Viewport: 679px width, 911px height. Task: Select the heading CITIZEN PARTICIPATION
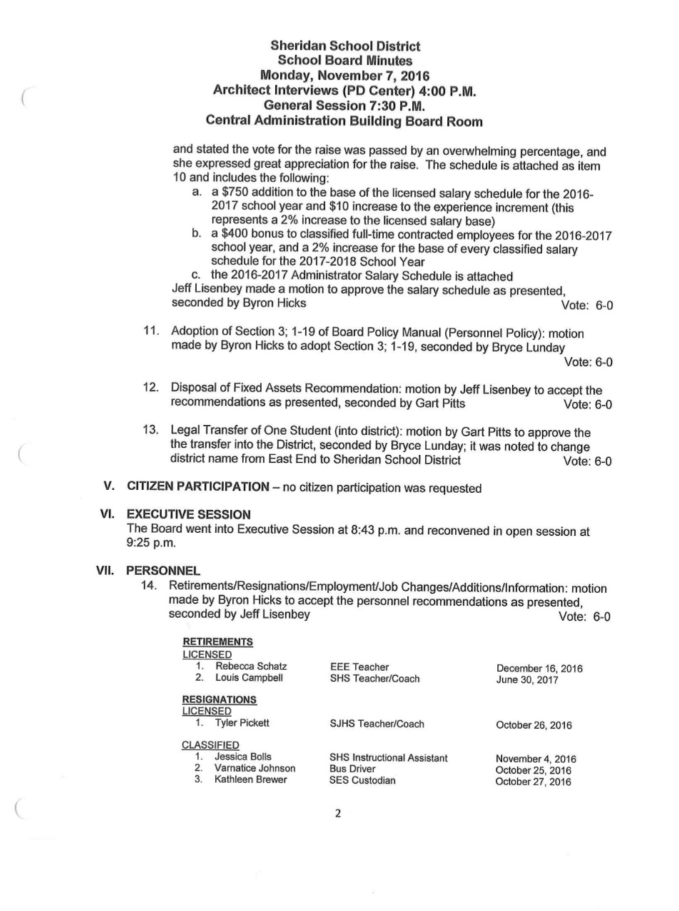pos(198,487)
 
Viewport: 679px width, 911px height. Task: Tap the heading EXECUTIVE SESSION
pos(188,514)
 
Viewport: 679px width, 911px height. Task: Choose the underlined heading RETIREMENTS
pos(217,642)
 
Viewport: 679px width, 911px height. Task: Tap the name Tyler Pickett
pos(242,723)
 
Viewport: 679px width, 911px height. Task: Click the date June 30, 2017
pos(527,680)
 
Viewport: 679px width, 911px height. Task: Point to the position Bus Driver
pos(352,769)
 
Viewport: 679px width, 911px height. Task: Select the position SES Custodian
pos(362,780)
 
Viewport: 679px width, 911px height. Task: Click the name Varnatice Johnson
pos(255,769)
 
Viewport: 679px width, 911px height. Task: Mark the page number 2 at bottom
pos(338,813)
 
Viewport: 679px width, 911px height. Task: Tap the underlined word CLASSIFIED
pos(210,745)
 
